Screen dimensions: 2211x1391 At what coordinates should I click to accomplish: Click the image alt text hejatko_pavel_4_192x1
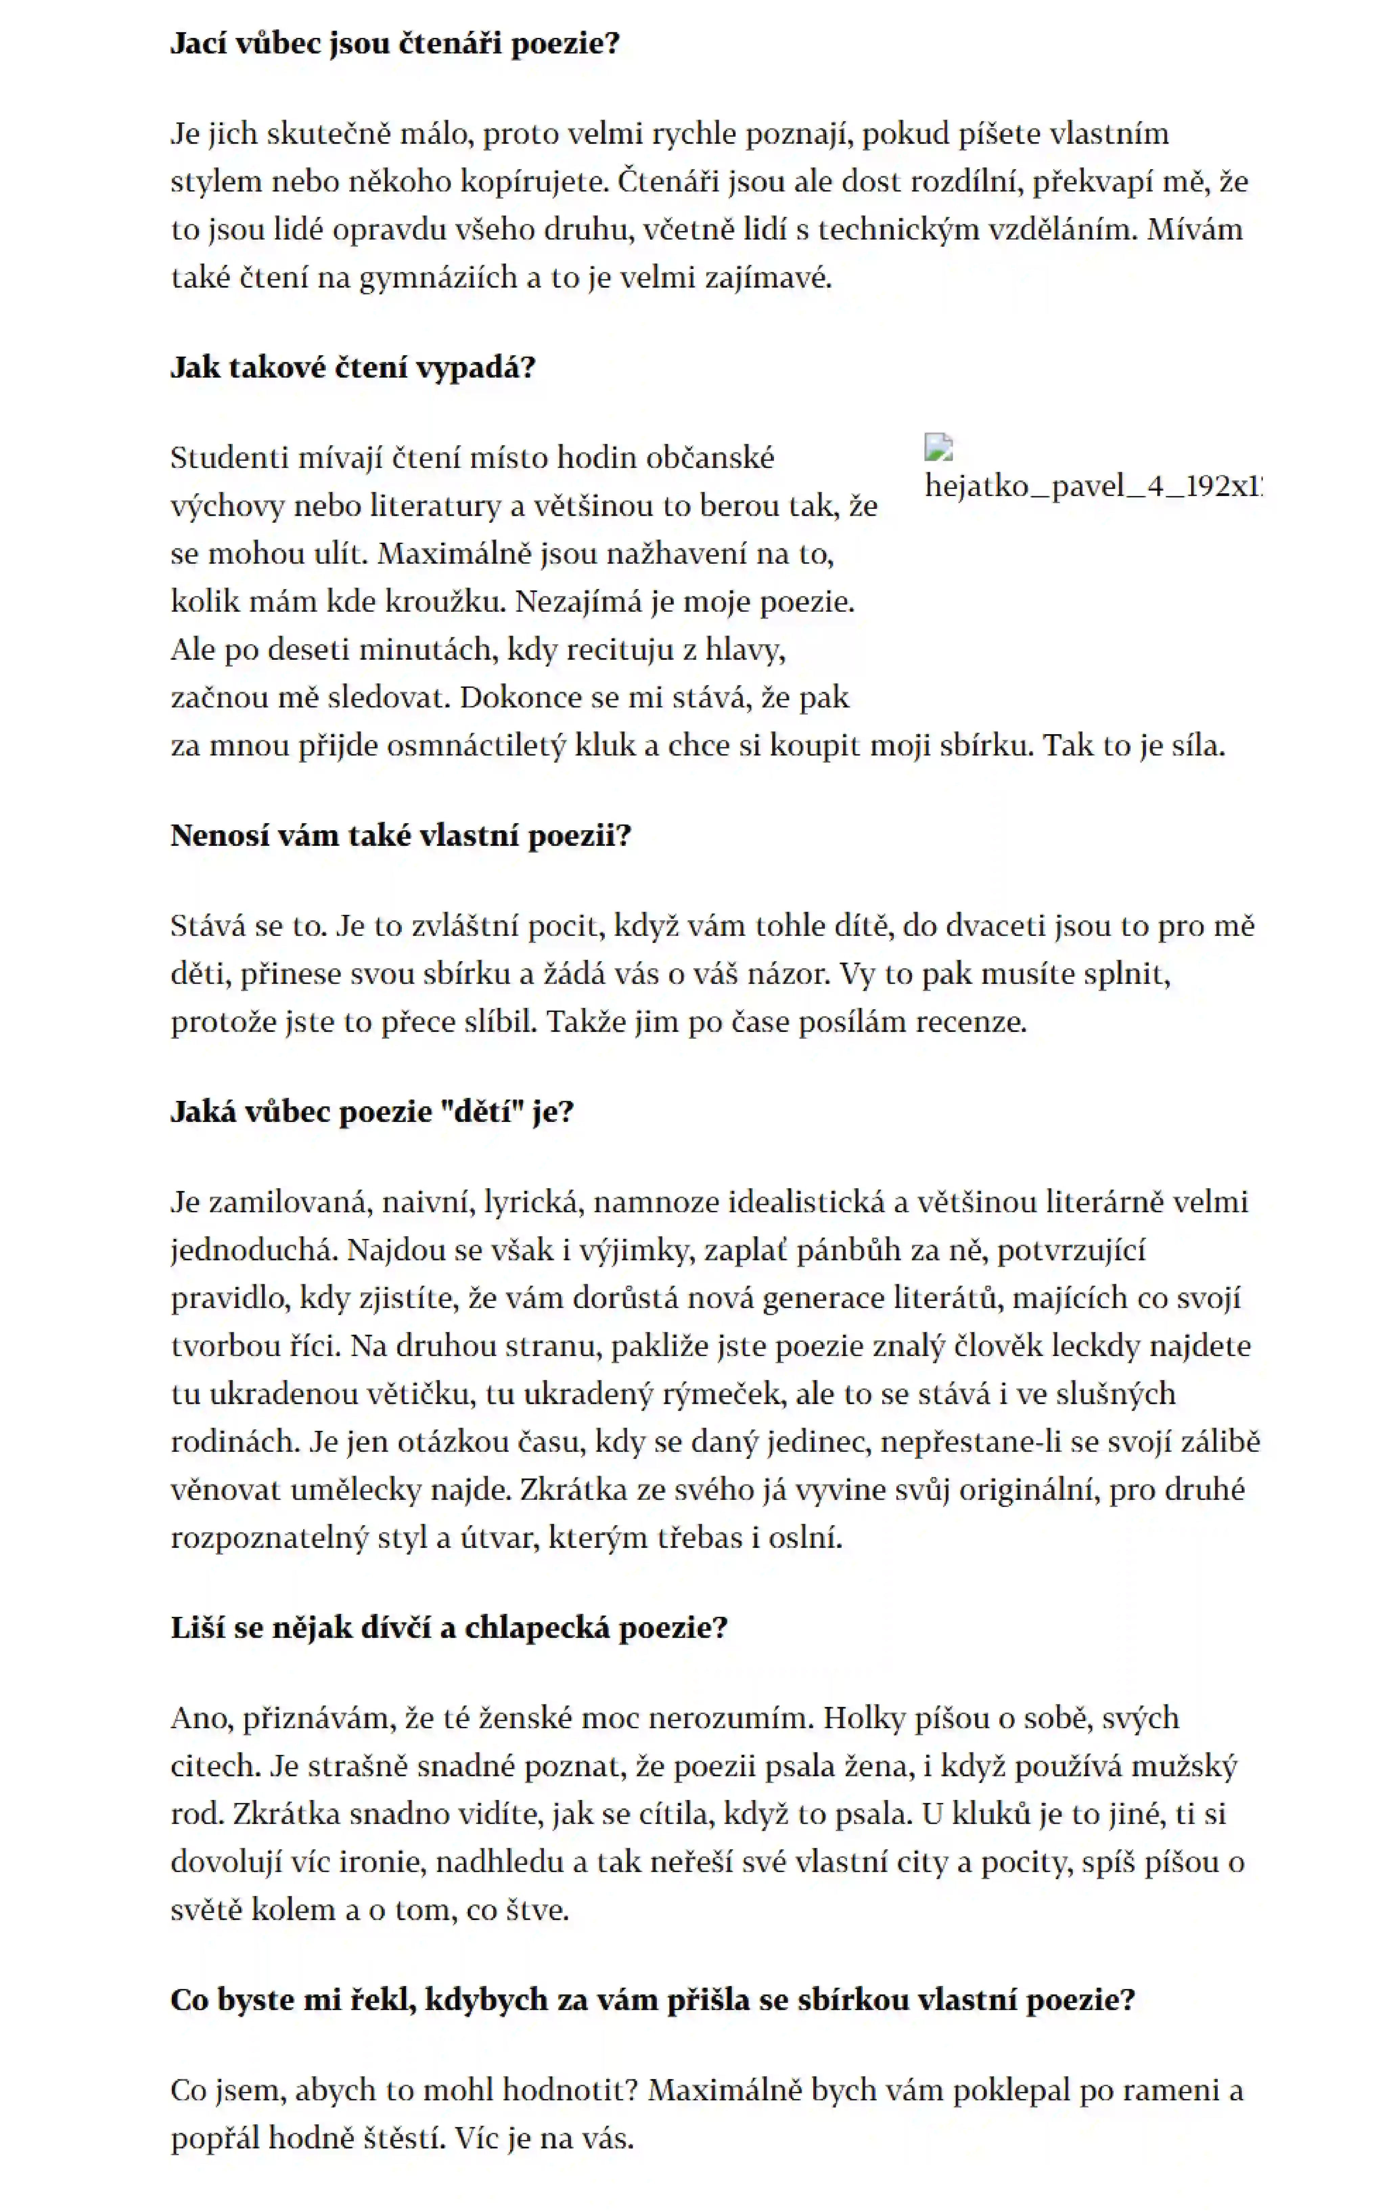[x=1093, y=486]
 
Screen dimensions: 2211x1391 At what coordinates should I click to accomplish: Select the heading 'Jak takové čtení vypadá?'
[x=352, y=367]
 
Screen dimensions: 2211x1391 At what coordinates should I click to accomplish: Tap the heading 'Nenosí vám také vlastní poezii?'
[x=401, y=836]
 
